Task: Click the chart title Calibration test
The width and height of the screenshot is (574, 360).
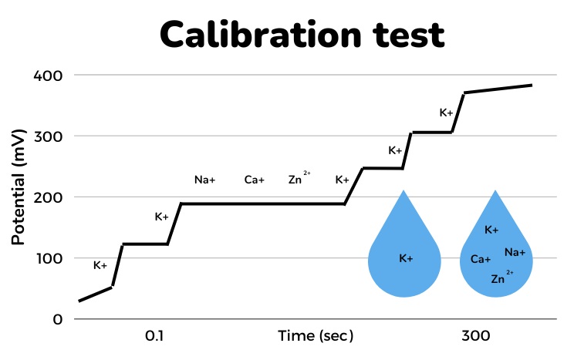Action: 302,34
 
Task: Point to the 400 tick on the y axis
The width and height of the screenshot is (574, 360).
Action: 48,76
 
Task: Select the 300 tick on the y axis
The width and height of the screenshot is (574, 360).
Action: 48,136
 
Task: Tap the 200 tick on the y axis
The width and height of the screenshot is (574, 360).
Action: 48,197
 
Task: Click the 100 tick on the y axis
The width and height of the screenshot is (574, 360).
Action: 48,258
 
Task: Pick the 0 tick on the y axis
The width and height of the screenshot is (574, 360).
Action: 58,319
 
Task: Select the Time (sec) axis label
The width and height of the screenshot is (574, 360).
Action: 316,336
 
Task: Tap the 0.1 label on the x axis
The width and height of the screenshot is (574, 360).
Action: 154,336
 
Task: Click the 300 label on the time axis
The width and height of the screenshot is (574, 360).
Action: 476,336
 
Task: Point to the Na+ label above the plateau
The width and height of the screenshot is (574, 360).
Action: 204,180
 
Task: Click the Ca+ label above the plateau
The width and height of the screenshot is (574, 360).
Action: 255,180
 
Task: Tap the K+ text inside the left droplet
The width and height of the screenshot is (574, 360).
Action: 406,258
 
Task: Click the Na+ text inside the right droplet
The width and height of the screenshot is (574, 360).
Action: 515,252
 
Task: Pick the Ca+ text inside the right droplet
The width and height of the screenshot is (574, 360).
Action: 481,260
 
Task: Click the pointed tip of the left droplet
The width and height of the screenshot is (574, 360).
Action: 403,191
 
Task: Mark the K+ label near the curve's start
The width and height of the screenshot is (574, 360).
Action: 100,265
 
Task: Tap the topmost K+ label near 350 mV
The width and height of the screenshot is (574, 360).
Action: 447,113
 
